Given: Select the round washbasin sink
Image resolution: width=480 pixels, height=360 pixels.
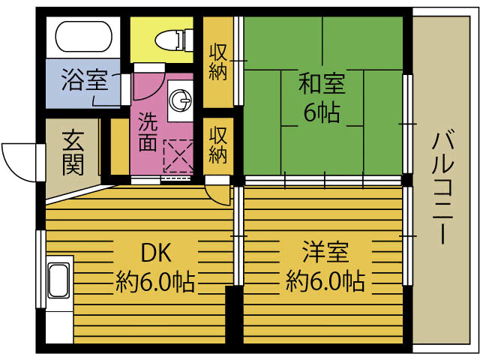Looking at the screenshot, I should tap(181, 100).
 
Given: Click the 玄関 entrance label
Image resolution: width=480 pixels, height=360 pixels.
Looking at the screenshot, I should tap(73, 152).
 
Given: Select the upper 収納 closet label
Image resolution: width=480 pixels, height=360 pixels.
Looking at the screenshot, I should tap(219, 61).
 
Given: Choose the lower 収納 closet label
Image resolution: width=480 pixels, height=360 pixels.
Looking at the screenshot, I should tap(218, 145).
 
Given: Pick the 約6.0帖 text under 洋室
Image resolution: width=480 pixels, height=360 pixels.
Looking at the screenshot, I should tap(325, 283).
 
